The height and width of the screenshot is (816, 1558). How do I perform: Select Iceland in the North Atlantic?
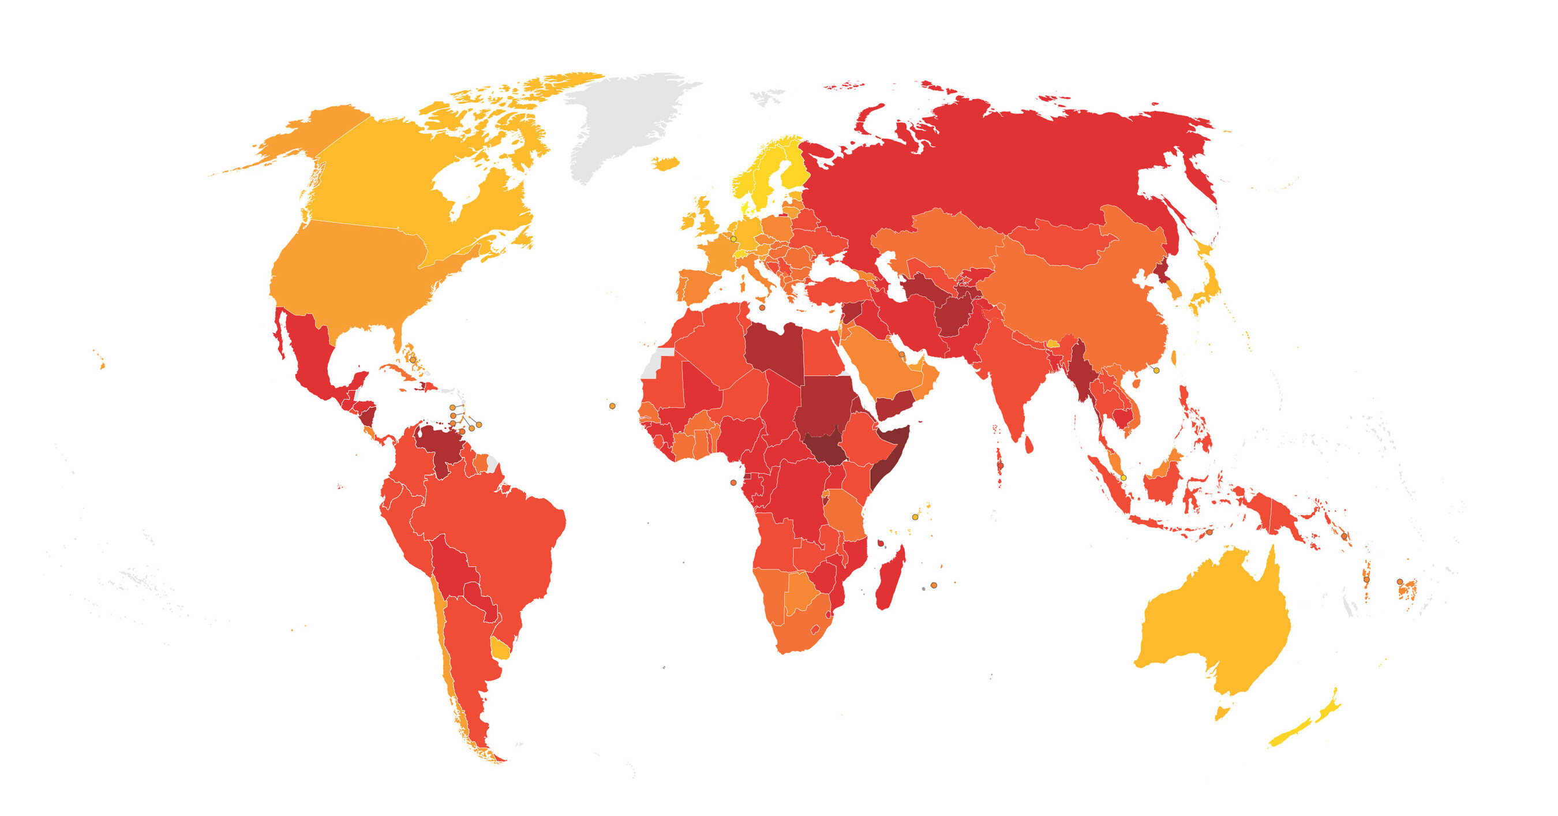(665, 163)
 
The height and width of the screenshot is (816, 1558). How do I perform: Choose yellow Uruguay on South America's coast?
(501, 649)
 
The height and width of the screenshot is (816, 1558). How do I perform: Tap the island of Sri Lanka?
(1029, 444)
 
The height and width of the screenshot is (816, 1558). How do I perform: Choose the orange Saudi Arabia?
(877, 363)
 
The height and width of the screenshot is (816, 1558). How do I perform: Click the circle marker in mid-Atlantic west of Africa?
(612, 406)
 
